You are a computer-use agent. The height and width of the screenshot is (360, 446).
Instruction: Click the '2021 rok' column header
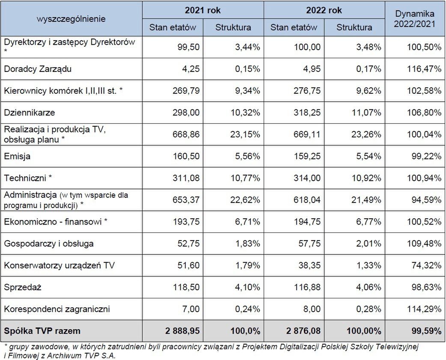pyautogui.click(x=202, y=11)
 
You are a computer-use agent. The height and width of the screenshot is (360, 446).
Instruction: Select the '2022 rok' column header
pyautogui.click(x=324, y=11)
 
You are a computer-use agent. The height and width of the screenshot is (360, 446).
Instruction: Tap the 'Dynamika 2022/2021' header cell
pyautogui.click(x=415, y=19)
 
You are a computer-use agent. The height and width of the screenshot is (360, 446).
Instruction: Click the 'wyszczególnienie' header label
pyautogui.click(x=71, y=19)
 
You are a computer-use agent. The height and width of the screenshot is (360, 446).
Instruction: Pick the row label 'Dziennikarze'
pyautogui.click(x=30, y=113)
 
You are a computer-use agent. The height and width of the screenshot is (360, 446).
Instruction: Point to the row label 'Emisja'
pyautogui.click(x=17, y=156)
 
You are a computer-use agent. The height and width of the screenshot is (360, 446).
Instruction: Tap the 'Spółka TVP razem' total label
pyautogui.click(x=42, y=331)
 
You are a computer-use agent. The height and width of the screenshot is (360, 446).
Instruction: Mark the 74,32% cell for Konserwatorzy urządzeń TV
pyautogui.click(x=426, y=265)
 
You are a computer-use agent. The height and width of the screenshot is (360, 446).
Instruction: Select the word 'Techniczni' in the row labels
pyautogui.click(x=24, y=178)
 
